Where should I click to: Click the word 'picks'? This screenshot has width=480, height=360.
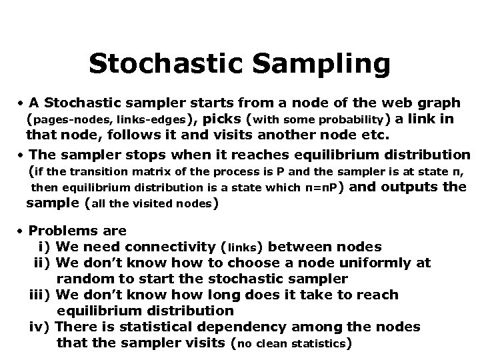pyautogui.click(x=221, y=119)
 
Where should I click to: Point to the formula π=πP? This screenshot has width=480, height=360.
pyautogui.click(x=322, y=188)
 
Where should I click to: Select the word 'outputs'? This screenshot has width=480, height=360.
pyautogui.click(x=411, y=187)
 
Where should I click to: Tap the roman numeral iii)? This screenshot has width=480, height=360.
pyautogui.click(x=41, y=295)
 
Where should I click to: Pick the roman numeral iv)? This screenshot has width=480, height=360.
pyautogui.click(x=41, y=327)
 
